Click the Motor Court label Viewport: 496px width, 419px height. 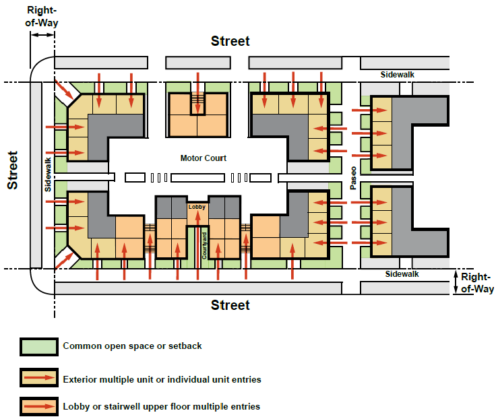[x=204, y=158]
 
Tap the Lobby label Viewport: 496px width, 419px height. [x=197, y=207]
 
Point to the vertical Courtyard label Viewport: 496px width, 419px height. [x=204, y=246]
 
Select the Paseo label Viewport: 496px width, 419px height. [x=353, y=178]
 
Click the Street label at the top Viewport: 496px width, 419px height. [x=230, y=41]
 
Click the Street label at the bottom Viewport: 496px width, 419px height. [x=230, y=305]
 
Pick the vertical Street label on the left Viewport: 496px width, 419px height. [x=13, y=170]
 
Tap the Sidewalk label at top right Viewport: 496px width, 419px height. [x=398, y=75]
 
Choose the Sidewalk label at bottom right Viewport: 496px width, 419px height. [x=402, y=274]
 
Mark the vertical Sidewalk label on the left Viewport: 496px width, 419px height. [x=48, y=174]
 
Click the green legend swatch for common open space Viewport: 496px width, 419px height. [x=39, y=347]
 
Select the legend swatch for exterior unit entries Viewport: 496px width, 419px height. [x=39, y=378]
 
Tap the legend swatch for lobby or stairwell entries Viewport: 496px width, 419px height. [x=39, y=406]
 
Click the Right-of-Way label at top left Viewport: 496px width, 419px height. [x=42, y=16]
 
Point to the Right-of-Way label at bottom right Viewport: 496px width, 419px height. [x=477, y=283]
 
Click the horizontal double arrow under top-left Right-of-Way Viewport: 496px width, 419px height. [x=42, y=35]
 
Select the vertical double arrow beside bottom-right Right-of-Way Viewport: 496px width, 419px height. [x=456, y=282]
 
